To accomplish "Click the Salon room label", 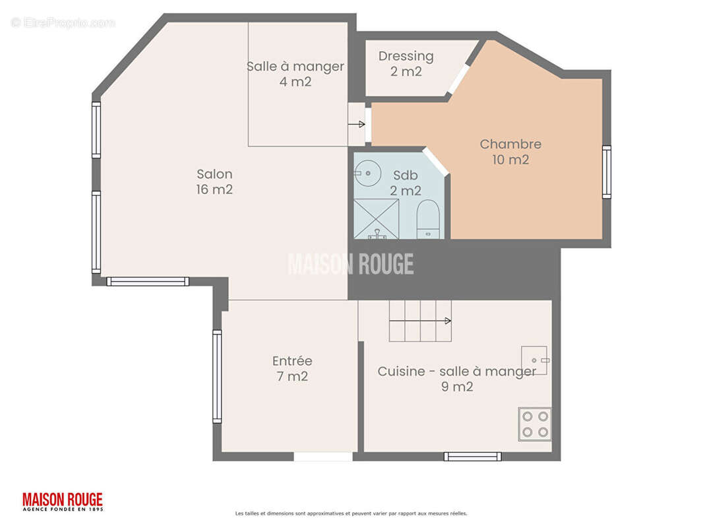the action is (214, 181).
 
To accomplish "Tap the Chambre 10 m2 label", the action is (510, 152).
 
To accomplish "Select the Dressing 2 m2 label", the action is (406, 64).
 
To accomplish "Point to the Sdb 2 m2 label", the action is (406, 183).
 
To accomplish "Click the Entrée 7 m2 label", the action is (292, 368).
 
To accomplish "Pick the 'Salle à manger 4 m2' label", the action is (295, 74).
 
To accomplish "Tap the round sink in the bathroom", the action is (367, 173).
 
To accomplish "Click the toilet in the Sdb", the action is (428, 219).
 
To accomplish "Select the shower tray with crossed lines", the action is (376, 219).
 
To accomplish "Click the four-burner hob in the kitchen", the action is (535, 424).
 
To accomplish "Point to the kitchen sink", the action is (535, 360).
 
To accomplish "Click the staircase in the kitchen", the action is (420, 321).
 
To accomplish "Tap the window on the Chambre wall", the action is (606, 172).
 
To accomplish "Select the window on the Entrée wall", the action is (217, 376).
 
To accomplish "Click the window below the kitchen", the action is (473, 456).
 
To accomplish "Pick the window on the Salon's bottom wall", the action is (148, 281).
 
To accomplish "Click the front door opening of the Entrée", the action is (322, 457).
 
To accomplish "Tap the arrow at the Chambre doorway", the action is (356, 124).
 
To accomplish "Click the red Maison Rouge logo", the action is (62, 502).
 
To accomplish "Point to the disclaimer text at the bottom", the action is (351, 513).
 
